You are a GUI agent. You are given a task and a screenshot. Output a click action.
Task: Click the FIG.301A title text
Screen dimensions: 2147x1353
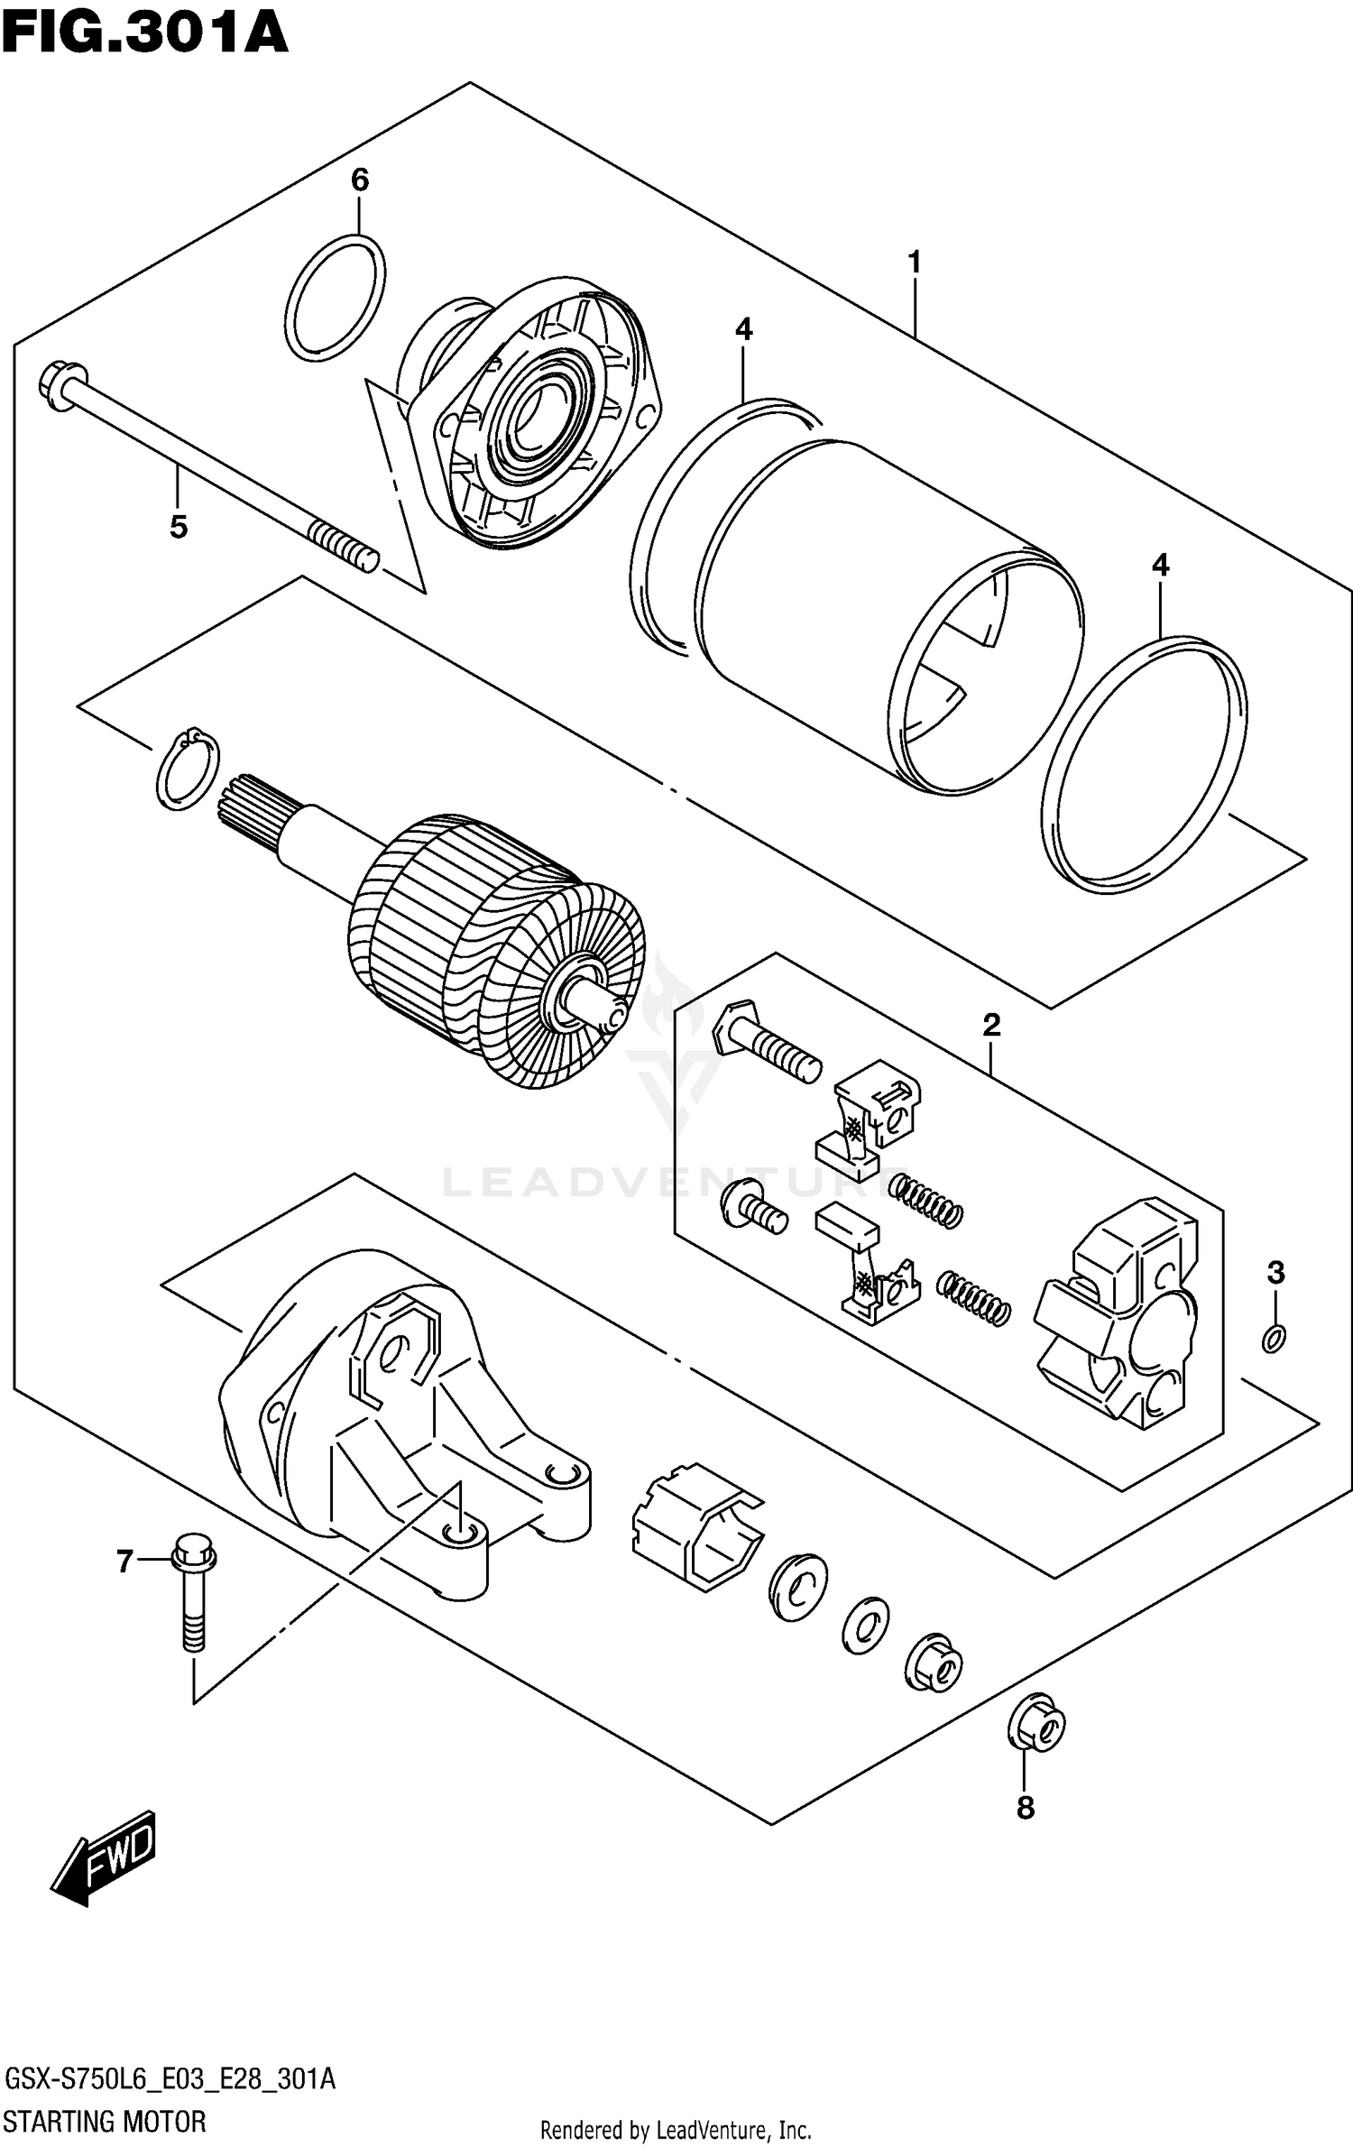coord(144,34)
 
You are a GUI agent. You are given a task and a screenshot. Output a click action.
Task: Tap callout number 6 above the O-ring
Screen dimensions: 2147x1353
coord(359,181)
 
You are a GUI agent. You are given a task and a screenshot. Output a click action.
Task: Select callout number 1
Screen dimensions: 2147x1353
coord(914,263)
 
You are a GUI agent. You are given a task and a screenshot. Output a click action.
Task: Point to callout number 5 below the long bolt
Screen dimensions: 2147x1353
coord(179,527)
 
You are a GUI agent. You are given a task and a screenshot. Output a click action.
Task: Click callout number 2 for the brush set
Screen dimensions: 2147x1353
coord(990,1025)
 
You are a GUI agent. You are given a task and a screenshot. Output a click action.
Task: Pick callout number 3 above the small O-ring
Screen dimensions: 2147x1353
coord(1275,1273)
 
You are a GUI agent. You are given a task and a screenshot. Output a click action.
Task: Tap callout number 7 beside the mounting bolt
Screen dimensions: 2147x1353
coord(125,1560)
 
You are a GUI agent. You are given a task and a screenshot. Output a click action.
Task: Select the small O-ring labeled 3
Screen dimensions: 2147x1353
coord(1274,1340)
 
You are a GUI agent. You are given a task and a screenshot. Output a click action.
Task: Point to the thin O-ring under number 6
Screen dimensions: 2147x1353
coord(335,299)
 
